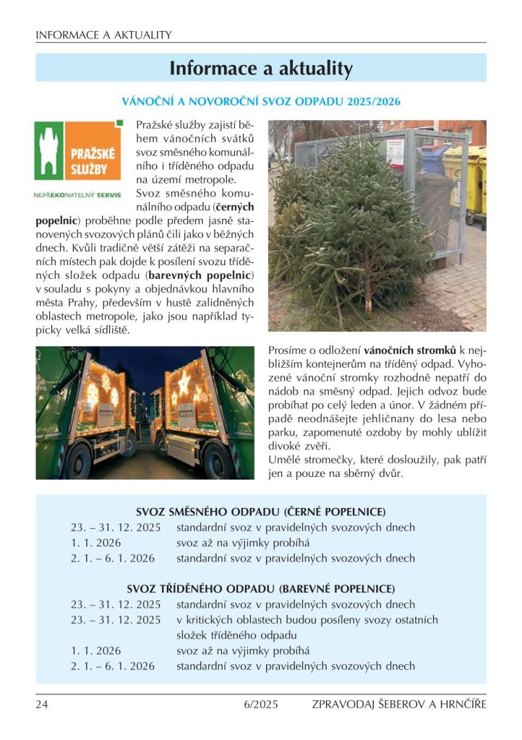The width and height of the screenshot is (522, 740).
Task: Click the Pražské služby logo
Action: (79, 150)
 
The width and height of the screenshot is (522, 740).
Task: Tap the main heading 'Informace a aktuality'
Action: (261, 69)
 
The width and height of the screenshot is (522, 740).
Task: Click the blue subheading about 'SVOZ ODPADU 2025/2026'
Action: (261, 101)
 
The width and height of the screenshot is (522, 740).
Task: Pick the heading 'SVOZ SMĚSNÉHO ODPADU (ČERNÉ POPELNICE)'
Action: (261, 512)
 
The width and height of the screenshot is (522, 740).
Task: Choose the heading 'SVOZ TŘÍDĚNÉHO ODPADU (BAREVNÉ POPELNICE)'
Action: (261, 589)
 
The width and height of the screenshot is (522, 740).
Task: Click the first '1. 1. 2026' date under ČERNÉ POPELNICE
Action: (95, 543)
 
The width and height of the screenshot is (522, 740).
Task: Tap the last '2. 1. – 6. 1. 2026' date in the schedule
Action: (113, 666)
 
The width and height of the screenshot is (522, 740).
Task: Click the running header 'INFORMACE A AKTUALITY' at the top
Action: (103, 35)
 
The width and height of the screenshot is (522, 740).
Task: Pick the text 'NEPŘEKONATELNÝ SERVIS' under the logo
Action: (78, 194)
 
